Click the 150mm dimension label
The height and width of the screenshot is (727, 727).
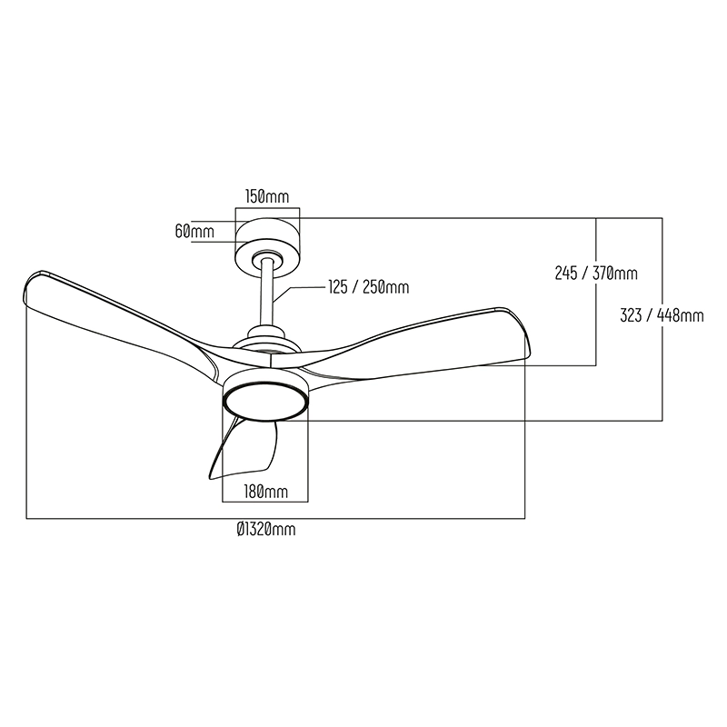coord(267,197)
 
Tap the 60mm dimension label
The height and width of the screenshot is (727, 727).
coord(194,231)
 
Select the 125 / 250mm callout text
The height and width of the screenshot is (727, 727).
coord(369,287)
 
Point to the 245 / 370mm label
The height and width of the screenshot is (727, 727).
coord(596,274)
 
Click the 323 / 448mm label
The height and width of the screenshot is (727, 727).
coord(662,315)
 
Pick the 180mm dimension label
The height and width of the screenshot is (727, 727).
coord(266,492)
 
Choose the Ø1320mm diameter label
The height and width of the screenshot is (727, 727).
coord(265,529)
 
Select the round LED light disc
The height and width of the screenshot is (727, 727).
coord(265,402)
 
